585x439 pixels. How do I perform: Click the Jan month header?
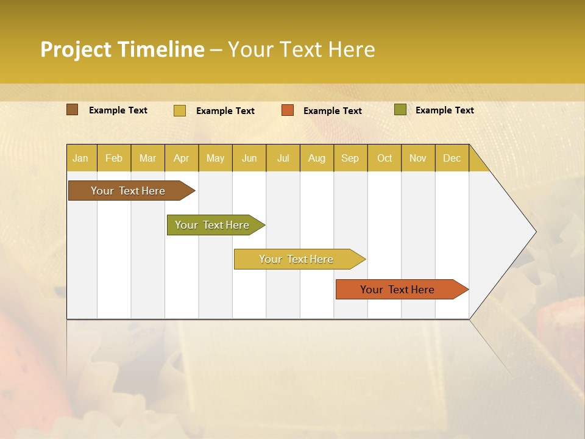tap(80, 158)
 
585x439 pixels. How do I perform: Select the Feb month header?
tap(114, 158)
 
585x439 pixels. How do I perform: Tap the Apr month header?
tap(181, 158)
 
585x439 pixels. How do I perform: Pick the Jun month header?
tap(249, 158)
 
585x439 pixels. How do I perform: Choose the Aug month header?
tap(316, 158)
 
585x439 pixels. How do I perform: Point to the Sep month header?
tap(350, 158)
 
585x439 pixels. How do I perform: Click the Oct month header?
tap(385, 158)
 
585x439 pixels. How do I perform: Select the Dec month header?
tap(452, 158)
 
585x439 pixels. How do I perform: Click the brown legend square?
tap(72, 110)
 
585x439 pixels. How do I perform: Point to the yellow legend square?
tap(179, 110)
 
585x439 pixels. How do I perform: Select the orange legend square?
tap(288, 110)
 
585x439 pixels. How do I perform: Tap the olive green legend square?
tap(400, 110)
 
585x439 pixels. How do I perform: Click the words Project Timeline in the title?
tap(122, 49)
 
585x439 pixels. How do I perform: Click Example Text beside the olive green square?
tap(444, 110)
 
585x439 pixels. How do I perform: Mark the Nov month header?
tap(418, 158)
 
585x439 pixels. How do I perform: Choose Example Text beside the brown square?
tap(118, 110)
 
